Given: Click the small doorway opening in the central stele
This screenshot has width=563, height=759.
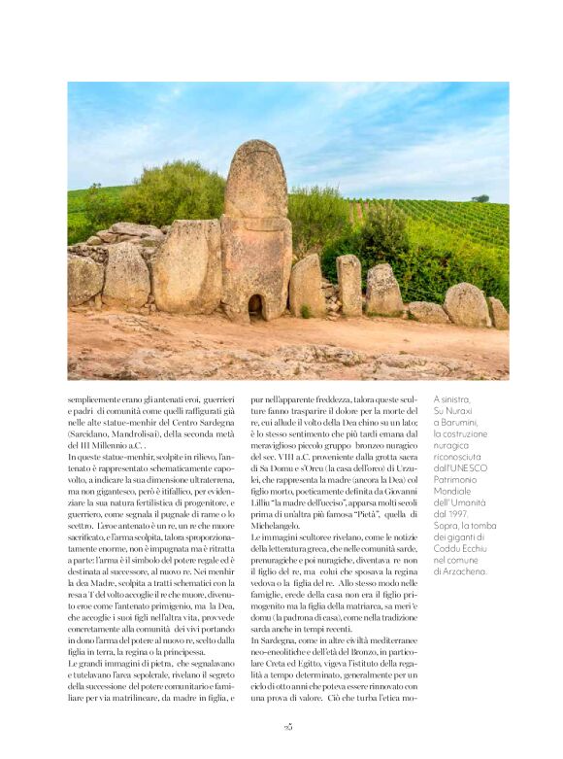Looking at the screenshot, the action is pyautogui.click(x=255, y=307).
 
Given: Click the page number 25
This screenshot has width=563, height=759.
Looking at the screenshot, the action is pyautogui.click(x=287, y=726).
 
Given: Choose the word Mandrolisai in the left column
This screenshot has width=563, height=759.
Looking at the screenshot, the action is pyautogui.click(x=151, y=432).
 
